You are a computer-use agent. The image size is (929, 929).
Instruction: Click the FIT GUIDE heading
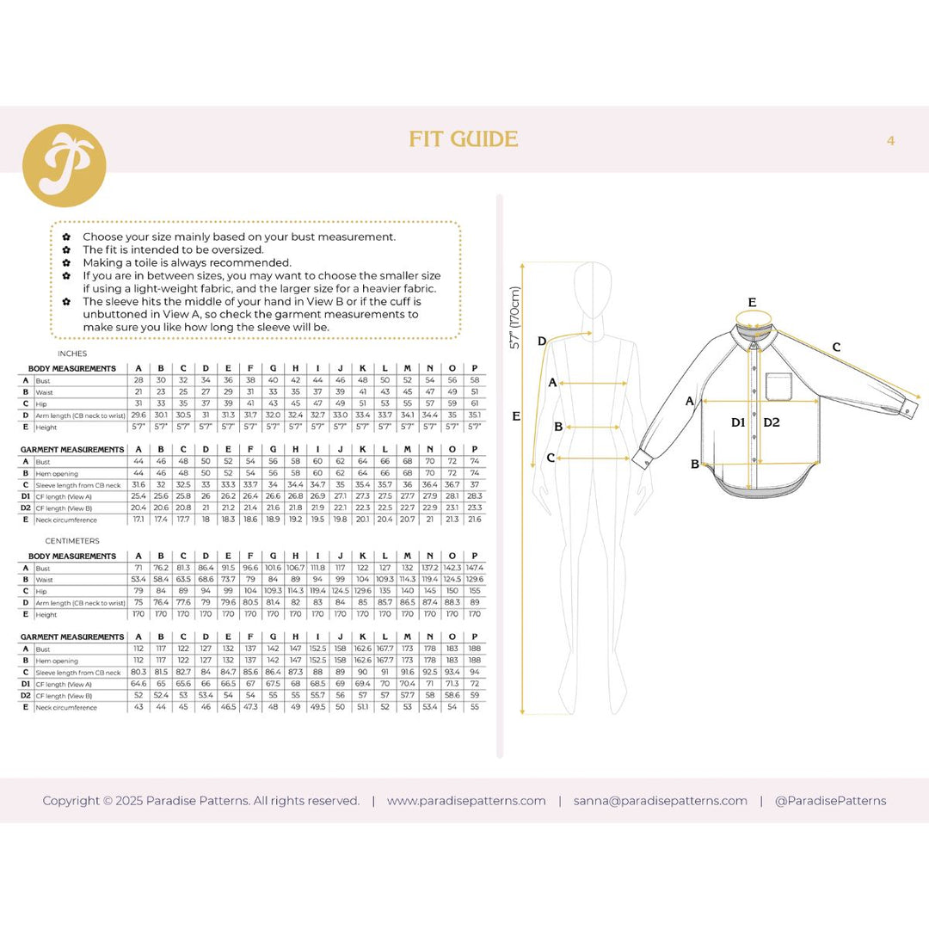point(464,139)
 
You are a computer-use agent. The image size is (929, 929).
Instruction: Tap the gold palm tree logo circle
point(64,166)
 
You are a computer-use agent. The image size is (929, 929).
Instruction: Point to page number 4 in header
point(890,140)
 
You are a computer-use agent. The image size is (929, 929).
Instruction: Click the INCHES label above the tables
point(71,354)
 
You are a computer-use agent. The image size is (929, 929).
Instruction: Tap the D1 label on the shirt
point(738,422)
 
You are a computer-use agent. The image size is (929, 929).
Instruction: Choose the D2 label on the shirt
point(771,422)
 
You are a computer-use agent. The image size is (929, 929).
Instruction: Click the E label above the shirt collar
point(752,303)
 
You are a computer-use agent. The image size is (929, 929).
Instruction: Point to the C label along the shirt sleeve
point(836,348)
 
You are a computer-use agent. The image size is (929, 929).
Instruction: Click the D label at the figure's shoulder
point(542,341)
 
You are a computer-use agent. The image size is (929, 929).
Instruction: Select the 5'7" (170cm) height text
point(515,317)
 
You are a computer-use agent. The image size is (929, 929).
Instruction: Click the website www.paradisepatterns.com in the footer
point(466,801)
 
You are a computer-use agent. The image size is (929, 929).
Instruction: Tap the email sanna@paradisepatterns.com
point(661,801)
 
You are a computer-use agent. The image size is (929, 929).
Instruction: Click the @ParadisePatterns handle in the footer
point(830,801)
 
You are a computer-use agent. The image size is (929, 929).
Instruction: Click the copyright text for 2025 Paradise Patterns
point(201,801)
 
